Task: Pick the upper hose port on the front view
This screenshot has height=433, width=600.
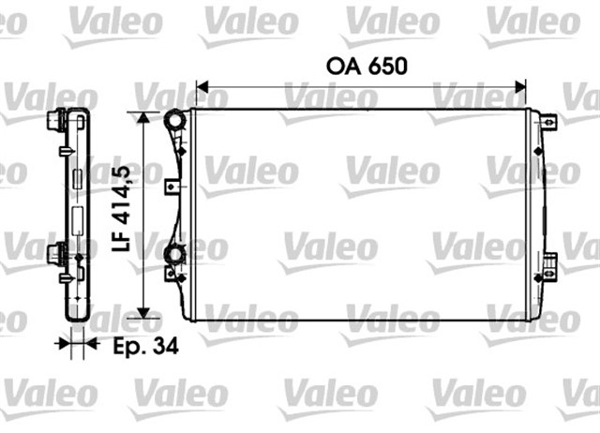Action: point(172,122)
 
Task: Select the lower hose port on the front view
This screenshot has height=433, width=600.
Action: point(172,254)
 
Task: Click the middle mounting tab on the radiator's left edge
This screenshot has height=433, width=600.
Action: point(171,186)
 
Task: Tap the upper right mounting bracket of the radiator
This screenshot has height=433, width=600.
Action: point(548,122)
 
